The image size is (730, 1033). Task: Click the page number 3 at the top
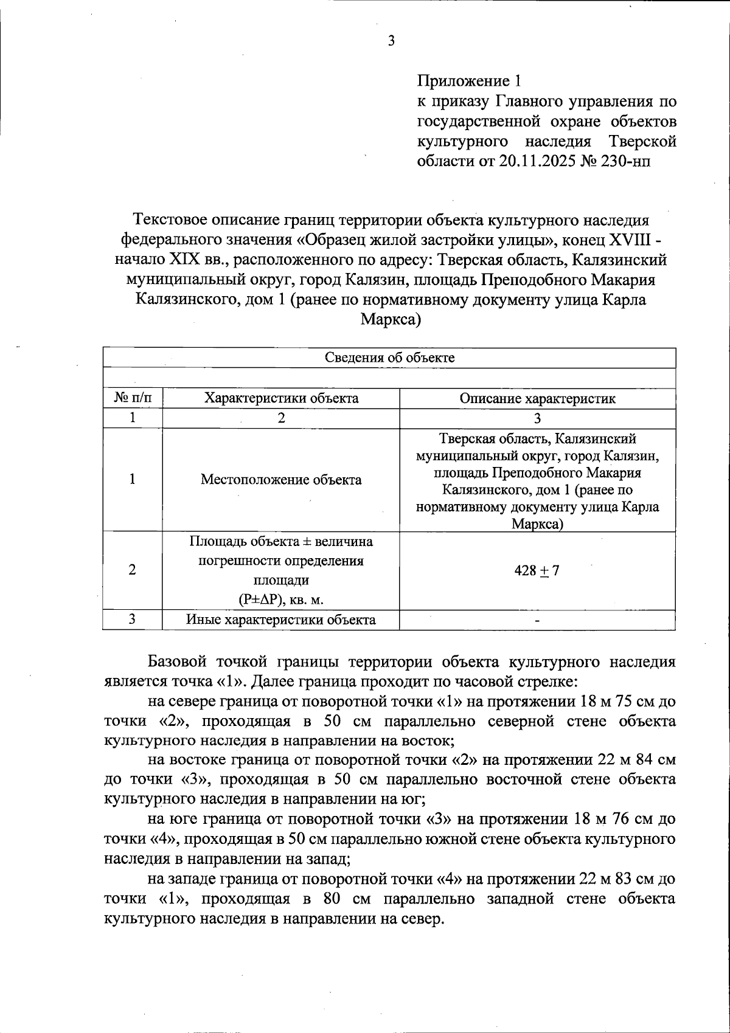pos(391,41)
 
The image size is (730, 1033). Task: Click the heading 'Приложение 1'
pos(468,81)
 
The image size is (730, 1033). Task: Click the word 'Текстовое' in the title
pos(170,219)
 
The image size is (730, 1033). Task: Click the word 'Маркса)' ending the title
pos(391,319)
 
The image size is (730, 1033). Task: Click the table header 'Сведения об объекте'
pos(389,358)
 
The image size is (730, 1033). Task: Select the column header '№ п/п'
pos(133,399)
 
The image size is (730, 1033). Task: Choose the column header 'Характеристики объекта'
pos(281,399)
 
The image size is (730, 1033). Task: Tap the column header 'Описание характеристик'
pos(537,399)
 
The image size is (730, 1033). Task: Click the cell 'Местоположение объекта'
pos(281,480)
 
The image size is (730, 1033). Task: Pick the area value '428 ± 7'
pos(537,570)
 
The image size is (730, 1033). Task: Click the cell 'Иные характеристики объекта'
pos(281,620)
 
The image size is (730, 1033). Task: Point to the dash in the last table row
pos(537,621)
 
